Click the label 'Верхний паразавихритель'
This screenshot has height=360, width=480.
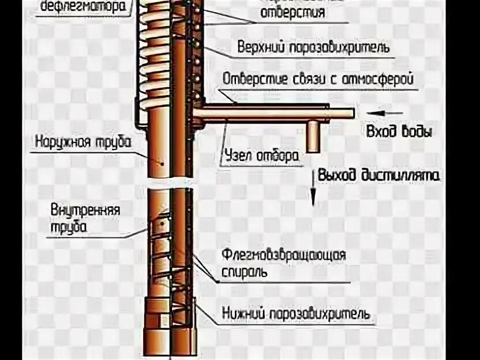coord(313,47)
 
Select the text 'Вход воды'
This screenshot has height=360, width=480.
coord(399,132)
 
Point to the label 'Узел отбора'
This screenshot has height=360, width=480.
coord(261,155)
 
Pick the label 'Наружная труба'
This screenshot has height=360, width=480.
coord(82,141)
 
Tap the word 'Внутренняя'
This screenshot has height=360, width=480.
coord(85,209)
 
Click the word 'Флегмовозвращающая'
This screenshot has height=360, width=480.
coord(283,255)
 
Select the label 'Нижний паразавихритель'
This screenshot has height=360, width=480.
coord(295,314)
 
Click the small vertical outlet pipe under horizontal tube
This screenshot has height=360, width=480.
coord(313,136)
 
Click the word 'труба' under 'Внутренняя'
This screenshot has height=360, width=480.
coord(68,227)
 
